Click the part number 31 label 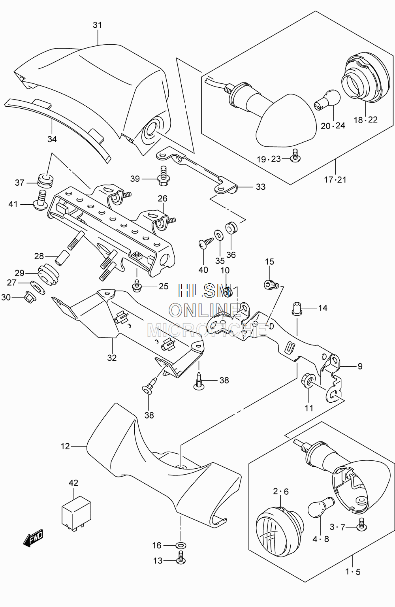tap(97, 25)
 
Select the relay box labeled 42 tap(76, 511)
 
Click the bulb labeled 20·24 tap(327, 100)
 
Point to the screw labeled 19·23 tap(295, 156)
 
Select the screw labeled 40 tap(206, 242)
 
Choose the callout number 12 tap(65, 446)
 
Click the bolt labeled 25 tap(137, 286)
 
